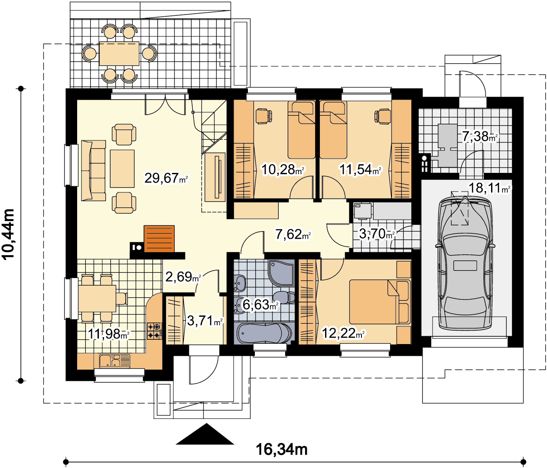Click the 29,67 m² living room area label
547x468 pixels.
point(166,178)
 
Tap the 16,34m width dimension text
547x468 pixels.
point(282,449)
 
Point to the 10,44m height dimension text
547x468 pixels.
point(8,234)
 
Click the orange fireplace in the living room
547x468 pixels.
point(159,239)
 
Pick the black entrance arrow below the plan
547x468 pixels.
point(205,434)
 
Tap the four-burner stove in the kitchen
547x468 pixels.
point(154,331)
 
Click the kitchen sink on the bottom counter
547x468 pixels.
point(114,361)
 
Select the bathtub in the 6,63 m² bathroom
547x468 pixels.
point(264,333)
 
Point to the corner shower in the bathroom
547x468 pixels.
point(281,273)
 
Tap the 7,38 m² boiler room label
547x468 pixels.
point(479,136)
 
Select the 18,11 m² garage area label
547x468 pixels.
point(489,188)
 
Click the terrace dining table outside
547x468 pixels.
point(119,53)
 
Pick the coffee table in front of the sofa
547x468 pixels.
point(122,169)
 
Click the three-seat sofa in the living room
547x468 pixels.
point(93,171)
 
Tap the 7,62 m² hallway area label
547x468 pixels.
point(293,234)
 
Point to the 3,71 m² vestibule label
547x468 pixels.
point(205,321)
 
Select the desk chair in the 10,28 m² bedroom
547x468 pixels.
point(264,116)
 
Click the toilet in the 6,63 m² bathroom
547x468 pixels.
point(284,298)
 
